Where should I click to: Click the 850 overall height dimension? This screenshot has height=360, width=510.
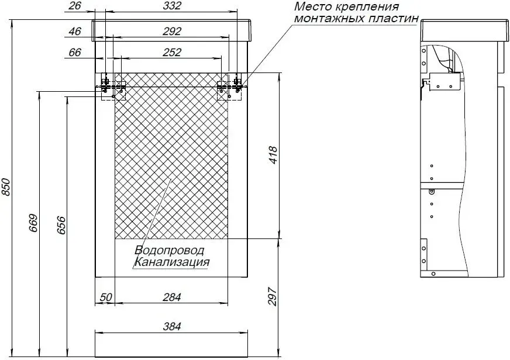(6, 187)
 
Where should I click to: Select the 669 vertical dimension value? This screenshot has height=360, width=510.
(34, 223)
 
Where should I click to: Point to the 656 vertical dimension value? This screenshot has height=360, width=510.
(61, 225)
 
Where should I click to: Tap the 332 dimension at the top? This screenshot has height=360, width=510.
(172, 6)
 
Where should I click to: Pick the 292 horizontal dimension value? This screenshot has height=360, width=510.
(172, 32)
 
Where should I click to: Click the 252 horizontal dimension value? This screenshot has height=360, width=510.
(172, 53)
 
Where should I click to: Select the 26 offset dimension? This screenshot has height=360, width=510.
(75, 6)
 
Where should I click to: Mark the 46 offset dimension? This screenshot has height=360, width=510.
(75, 32)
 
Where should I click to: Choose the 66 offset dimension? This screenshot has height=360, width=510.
(75, 53)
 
